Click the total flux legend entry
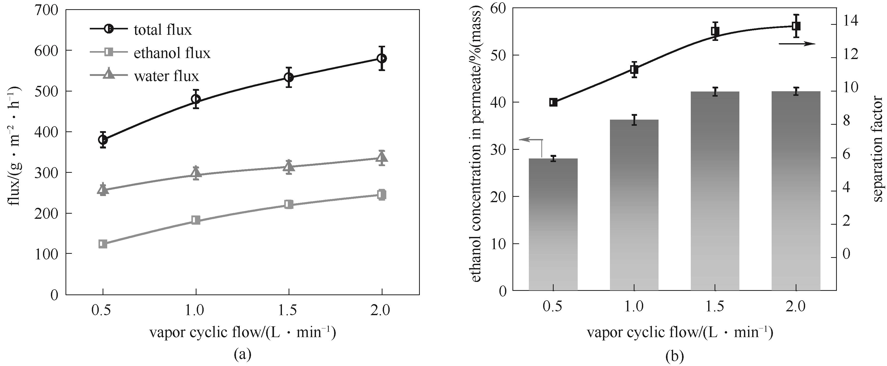coord(140,30)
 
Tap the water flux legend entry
coord(144,76)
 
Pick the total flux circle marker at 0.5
coord(103,140)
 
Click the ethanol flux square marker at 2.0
coord(381,194)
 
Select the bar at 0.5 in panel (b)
coord(553,224)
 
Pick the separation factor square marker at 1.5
coord(715,31)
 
